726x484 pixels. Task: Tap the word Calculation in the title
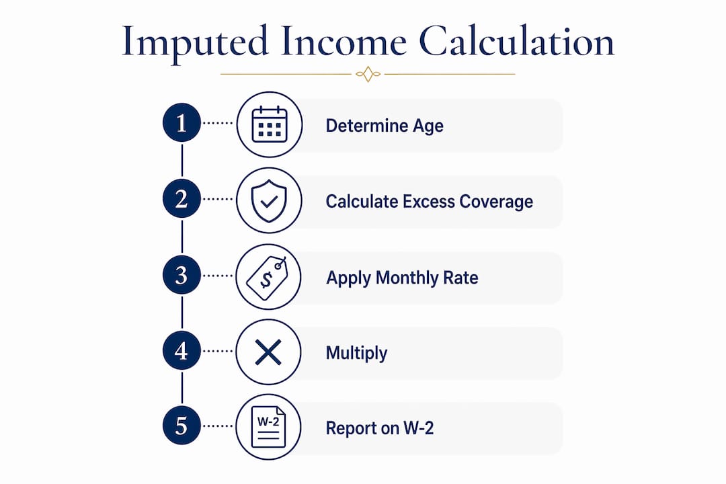[517, 41]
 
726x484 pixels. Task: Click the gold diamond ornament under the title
[368, 74]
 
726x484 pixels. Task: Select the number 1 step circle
[182, 123]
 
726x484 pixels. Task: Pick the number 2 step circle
[182, 199]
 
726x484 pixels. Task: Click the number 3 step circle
[182, 275]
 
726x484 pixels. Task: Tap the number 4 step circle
[182, 351]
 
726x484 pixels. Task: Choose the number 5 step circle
[182, 426]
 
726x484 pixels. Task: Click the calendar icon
[270, 124]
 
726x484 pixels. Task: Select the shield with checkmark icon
[269, 201]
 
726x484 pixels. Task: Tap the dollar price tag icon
[267, 278]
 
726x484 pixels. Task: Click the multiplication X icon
[268, 352]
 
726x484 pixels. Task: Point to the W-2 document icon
[268, 427]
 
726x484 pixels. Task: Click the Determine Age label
[385, 126]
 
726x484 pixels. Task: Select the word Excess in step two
[429, 202]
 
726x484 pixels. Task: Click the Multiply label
[356, 354]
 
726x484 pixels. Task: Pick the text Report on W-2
[380, 428]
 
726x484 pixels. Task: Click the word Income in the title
[344, 41]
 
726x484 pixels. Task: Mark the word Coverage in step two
[496, 202]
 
